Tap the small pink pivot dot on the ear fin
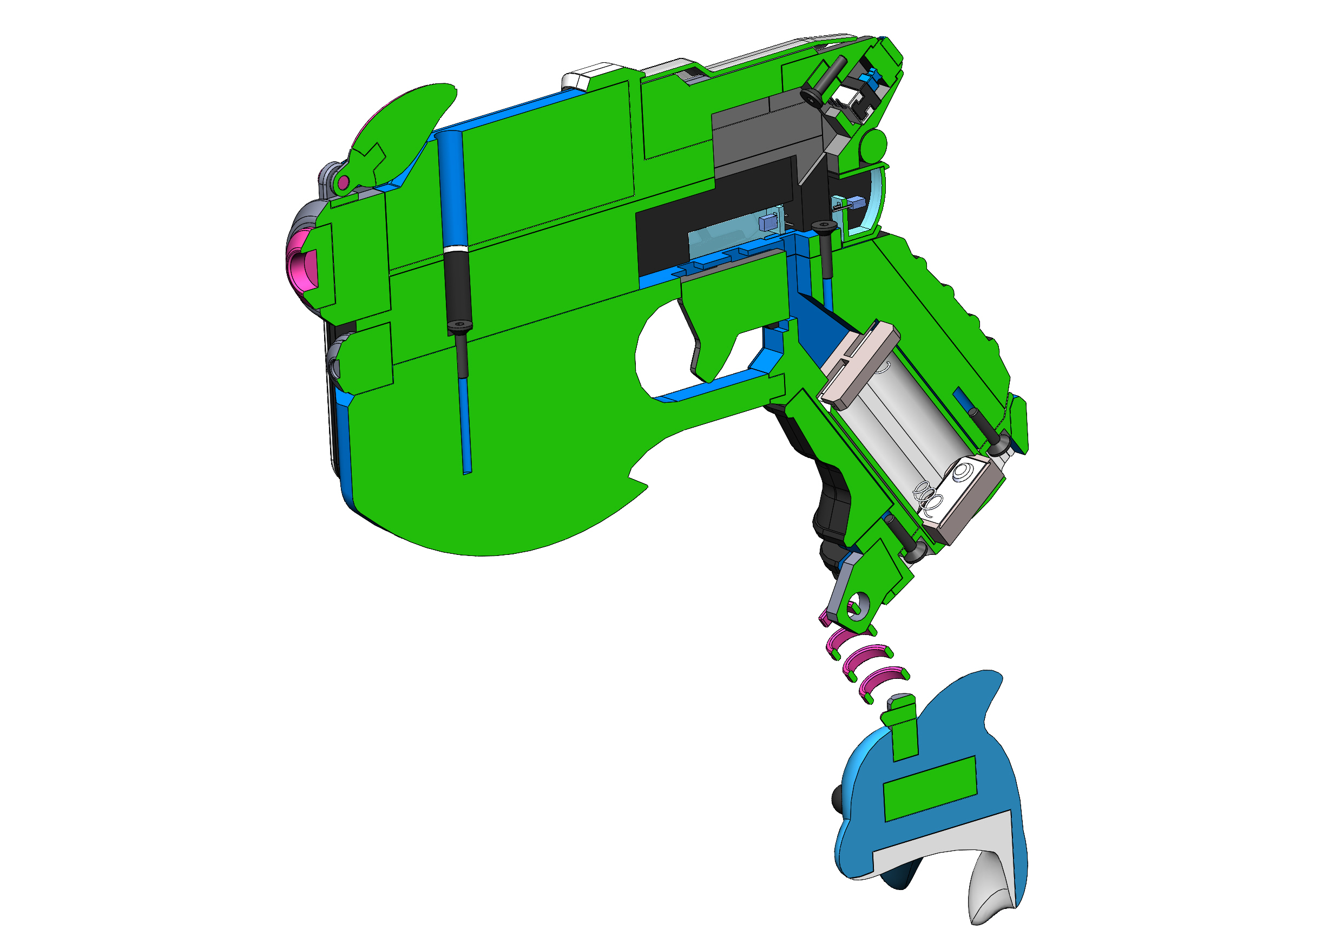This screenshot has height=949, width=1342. (x=344, y=182)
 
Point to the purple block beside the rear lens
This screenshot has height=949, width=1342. (x=856, y=203)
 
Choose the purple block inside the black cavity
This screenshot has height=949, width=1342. (x=766, y=223)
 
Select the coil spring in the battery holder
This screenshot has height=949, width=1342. (x=929, y=498)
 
